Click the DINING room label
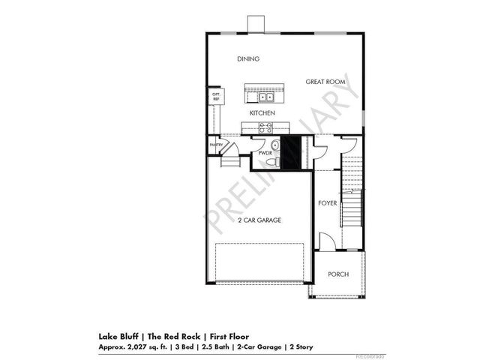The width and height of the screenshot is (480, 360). click(x=248, y=59)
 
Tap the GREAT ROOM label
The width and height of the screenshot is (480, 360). click(x=324, y=81)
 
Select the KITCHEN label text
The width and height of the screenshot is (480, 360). click(x=262, y=112)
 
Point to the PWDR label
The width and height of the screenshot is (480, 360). click(x=265, y=152)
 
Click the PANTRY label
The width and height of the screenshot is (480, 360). click(x=216, y=145)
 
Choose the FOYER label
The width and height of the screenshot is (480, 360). click(x=328, y=203)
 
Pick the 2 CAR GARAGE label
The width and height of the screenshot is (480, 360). click(x=259, y=220)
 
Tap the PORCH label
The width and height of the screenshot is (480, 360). click(x=338, y=274)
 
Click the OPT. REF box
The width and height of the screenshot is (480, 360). click(x=216, y=97)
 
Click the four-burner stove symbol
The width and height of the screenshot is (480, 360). click(x=265, y=127)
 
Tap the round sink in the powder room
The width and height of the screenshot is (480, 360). click(x=274, y=144)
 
